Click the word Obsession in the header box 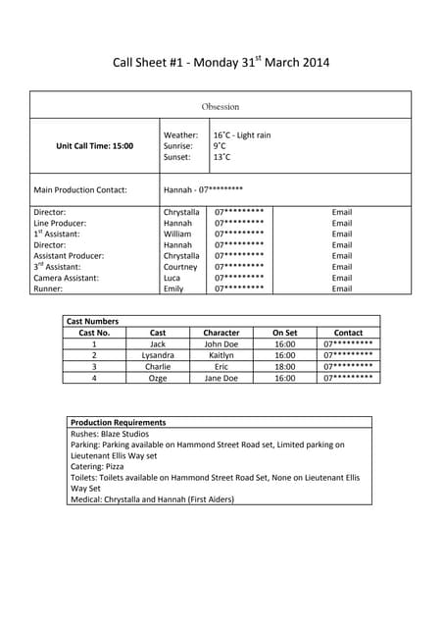(221, 106)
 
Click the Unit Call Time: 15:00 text (95, 146)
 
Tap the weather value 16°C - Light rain (242, 135)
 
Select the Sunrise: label (178, 146)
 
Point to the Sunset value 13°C (222, 157)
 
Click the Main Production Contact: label (80, 189)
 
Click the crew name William (177, 235)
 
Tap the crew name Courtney (180, 267)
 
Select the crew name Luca (172, 279)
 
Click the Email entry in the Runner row (342, 289)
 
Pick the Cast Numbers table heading (92, 321)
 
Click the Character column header (221, 333)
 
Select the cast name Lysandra (158, 355)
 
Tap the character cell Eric (221, 366)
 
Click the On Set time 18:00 (285, 366)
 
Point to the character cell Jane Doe (221, 378)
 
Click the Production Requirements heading (119, 423)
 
